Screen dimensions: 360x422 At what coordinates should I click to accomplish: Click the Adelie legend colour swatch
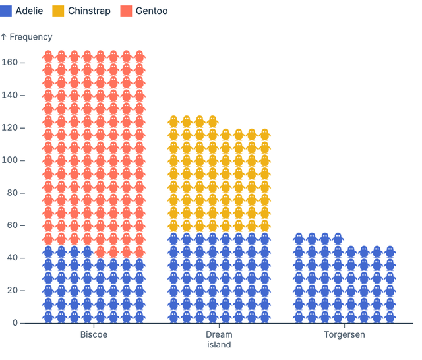(7, 11)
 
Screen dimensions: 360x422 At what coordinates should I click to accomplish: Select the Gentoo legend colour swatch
(126, 11)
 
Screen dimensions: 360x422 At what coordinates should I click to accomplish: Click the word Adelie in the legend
(29, 11)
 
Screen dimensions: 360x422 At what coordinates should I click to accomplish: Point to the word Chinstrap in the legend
(89, 11)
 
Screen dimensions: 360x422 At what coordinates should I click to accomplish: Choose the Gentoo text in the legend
(151, 11)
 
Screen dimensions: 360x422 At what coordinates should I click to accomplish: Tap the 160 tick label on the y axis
(10, 63)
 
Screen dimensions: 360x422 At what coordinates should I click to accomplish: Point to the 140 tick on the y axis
(10, 95)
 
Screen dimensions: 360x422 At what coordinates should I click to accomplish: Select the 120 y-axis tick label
(10, 127)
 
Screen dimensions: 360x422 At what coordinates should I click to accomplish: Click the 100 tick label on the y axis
(10, 160)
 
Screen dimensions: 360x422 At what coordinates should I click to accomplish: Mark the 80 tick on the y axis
(12, 193)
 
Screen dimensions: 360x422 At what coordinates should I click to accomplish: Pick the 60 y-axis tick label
(12, 225)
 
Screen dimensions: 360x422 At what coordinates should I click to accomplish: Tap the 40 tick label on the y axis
(12, 258)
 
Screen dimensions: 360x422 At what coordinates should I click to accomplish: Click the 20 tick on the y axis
(12, 290)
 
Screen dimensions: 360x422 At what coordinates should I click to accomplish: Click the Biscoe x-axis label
(94, 335)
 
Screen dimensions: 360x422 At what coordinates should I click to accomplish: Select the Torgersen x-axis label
(344, 335)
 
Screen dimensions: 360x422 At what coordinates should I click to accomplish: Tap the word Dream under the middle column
(219, 335)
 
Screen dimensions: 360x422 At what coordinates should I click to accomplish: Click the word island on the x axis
(219, 345)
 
